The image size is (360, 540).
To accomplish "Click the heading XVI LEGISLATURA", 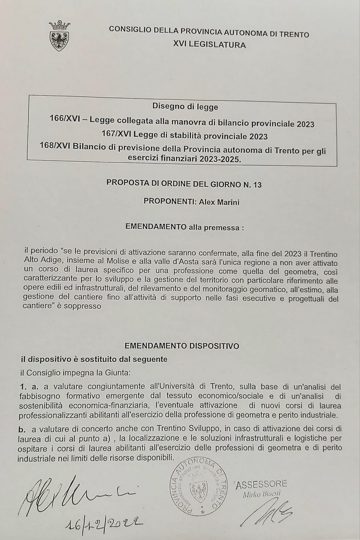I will [209, 45].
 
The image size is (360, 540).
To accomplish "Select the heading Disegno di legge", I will [185, 107].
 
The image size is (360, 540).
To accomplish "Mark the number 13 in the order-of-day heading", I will [257, 185].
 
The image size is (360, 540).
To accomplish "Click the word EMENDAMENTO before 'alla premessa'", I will [156, 227].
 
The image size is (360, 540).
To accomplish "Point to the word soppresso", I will [83, 306].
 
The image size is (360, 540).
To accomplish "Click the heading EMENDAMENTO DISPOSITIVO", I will [182, 346].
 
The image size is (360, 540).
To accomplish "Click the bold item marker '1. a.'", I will [29, 387].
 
